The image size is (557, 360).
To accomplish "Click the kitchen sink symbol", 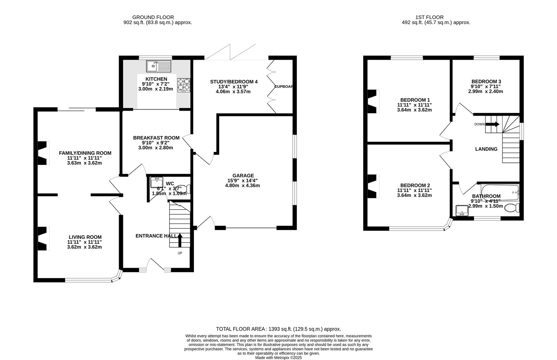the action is pyautogui.click(x=159, y=66).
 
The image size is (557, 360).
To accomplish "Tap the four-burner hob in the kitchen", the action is pyautogui.click(x=184, y=85).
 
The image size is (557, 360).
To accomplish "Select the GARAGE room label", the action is pyautogui.click(x=243, y=176).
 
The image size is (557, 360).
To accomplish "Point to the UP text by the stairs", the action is pyautogui.click(x=180, y=253).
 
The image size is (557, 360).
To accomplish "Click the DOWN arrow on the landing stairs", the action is pyautogui.click(x=492, y=124).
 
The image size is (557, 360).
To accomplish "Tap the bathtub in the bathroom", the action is pyautogui.click(x=500, y=192).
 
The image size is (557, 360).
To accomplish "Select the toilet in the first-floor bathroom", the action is pyautogui.click(x=512, y=208).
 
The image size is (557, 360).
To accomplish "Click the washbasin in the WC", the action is pyautogui.click(x=157, y=182).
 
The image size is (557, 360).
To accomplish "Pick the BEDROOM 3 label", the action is pyautogui.click(x=486, y=82).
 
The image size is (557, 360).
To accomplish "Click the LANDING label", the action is pyautogui.click(x=486, y=149).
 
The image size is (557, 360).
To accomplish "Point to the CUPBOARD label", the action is pyautogui.click(x=283, y=87).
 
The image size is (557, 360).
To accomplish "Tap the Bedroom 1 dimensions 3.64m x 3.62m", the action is pyautogui.click(x=414, y=110).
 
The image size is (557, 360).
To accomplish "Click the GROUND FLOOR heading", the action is pyautogui.click(x=153, y=17).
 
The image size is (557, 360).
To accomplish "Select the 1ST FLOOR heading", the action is pyautogui.click(x=429, y=17).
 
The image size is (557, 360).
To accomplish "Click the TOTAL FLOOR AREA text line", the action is pyautogui.click(x=278, y=329).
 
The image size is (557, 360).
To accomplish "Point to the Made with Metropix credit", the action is pyautogui.click(x=279, y=358).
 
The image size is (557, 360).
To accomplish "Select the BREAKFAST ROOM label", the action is pyautogui.click(x=156, y=138).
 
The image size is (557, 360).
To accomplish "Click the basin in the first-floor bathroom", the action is pyautogui.click(x=462, y=211).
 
